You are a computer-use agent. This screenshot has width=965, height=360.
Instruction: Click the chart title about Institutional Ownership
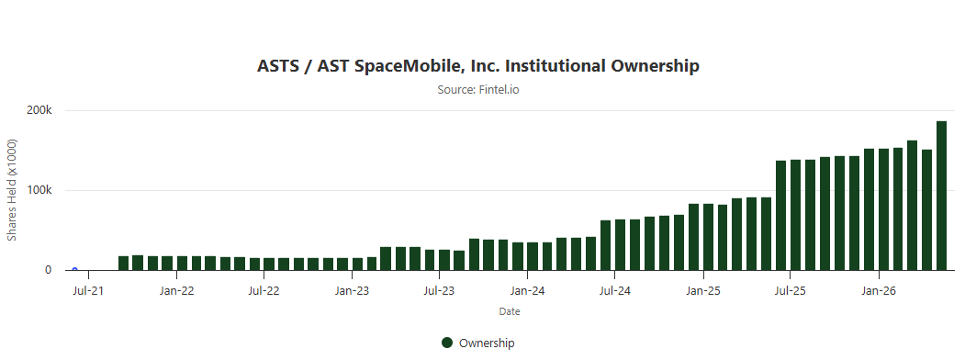tap(478, 66)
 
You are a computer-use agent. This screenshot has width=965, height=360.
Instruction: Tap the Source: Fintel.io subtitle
tap(478, 90)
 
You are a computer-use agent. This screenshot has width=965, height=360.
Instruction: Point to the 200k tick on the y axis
tap(39, 111)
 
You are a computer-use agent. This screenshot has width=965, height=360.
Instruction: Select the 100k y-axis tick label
tap(39, 190)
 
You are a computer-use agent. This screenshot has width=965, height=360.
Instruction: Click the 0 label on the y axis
tap(48, 270)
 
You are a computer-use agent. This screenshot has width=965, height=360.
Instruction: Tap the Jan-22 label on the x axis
tap(176, 290)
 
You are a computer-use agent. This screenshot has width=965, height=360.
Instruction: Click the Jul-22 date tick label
tap(264, 290)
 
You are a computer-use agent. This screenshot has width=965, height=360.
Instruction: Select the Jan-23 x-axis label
tap(352, 290)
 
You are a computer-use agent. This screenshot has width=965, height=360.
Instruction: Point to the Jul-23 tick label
tap(439, 290)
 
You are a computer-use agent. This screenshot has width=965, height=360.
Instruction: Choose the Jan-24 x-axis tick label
tap(527, 290)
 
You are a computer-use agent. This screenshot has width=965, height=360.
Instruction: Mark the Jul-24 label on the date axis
tap(615, 290)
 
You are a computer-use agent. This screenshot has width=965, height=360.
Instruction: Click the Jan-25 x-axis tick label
tap(703, 290)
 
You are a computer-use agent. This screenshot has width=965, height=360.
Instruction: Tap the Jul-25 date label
tap(791, 290)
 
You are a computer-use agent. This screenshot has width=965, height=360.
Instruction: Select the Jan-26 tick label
tap(879, 290)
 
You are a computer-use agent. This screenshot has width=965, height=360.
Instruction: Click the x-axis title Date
tap(510, 312)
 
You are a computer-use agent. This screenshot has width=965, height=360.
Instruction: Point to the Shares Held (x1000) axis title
tap(12, 190)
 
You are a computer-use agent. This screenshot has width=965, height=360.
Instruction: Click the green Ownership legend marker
tap(447, 343)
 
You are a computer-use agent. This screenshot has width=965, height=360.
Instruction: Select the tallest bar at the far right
tap(942, 196)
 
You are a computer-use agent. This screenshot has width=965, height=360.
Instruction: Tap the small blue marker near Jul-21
tap(74, 269)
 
